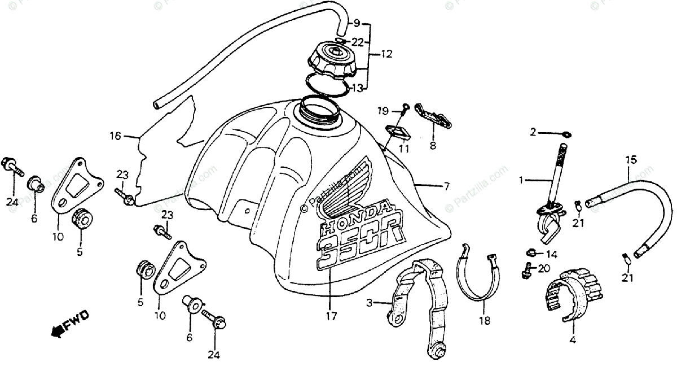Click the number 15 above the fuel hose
pyautogui.click(x=631, y=160)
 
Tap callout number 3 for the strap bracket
pyautogui.click(x=369, y=303)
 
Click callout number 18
pyautogui.click(x=484, y=320)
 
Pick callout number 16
pyautogui.click(x=115, y=136)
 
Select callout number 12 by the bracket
pyautogui.click(x=386, y=55)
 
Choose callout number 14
pyautogui.click(x=551, y=254)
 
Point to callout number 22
pyautogui.click(x=358, y=41)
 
